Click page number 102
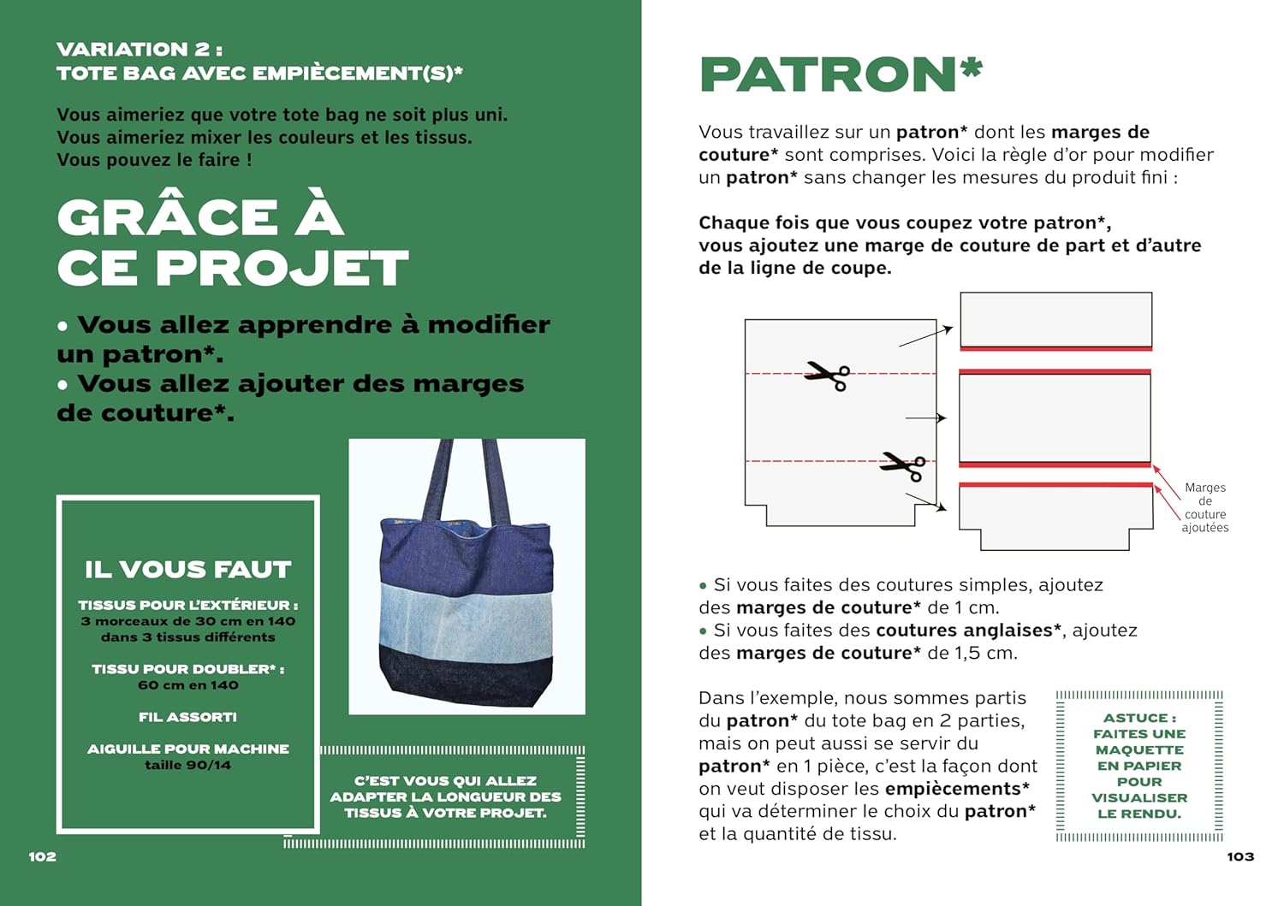pyautogui.click(x=42, y=856)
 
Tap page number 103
pyautogui.click(x=1239, y=856)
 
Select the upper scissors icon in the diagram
pyautogui.click(x=827, y=375)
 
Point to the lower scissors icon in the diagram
pyautogui.click(x=903, y=465)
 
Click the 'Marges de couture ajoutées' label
pyautogui.click(x=1204, y=507)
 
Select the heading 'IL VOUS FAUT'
pyautogui.click(x=188, y=569)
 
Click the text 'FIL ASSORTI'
pyautogui.click(x=188, y=717)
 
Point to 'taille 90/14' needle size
pyautogui.click(x=188, y=765)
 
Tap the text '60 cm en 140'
pyautogui.click(x=188, y=685)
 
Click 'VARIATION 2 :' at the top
pyautogui.click(x=140, y=50)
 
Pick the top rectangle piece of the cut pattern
pyautogui.click(x=1055, y=318)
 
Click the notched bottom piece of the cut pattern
pyautogui.click(x=1055, y=518)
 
